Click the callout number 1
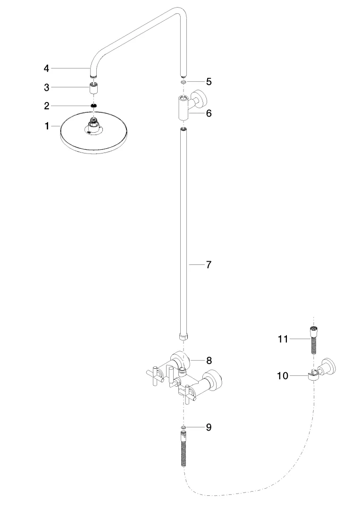47,127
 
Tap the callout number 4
46,68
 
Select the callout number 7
208,264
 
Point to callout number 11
283,339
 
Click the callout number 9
208,427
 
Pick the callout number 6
208,113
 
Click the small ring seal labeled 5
183,81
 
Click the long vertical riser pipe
184,227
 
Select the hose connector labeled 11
312,339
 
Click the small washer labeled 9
184,427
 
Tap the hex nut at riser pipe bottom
184,337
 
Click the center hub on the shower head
94,127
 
